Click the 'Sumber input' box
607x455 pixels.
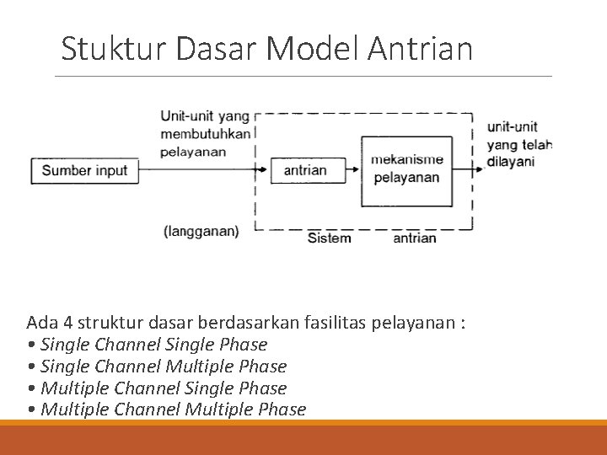click(84, 170)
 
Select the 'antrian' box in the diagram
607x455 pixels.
click(305, 170)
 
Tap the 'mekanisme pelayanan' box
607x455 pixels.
click(406, 169)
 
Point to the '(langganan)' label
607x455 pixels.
click(201, 230)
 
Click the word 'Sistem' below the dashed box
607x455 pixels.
click(330, 238)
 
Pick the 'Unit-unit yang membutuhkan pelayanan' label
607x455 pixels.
click(205, 134)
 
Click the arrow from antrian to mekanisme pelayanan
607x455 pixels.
click(355, 170)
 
